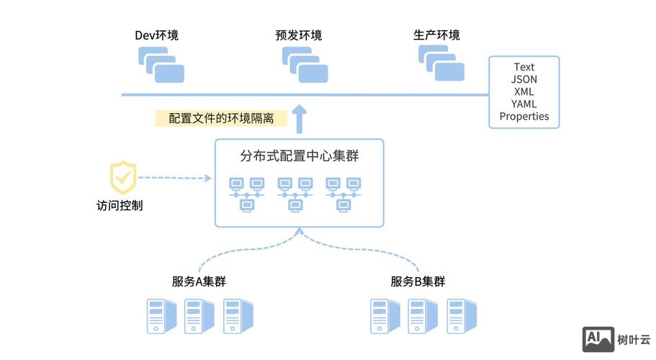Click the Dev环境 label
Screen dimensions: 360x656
156,35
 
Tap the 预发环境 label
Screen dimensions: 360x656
298,35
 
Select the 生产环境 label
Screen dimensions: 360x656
436,35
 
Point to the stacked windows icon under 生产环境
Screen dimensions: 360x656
441,63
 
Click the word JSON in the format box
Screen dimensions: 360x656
524,79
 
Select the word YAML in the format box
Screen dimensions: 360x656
524,104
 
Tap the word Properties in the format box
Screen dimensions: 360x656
524,116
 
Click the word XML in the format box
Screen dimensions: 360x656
524,91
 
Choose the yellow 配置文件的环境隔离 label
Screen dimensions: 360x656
221,118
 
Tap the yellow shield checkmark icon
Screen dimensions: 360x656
123,176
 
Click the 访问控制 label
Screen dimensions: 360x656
120,205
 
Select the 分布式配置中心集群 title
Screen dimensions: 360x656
299,156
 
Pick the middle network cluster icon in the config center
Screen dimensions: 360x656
295,194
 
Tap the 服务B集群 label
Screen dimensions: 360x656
418,282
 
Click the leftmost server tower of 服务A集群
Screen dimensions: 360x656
161,315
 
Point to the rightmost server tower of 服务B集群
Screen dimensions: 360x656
460,315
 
